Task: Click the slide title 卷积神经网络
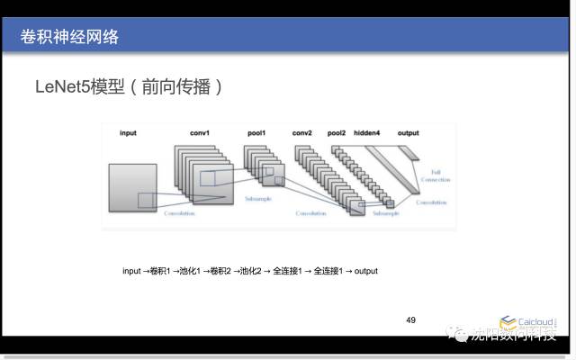point(69,37)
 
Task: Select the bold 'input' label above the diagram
point(128,133)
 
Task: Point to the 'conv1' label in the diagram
point(199,133)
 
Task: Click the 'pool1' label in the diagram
point(256,133)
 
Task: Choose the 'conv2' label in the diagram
point(301,133)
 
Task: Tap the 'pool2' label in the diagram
point(337,133)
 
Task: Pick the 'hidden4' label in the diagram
point(366,133)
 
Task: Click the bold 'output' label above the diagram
point(408,133)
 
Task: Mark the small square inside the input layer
point(146,201)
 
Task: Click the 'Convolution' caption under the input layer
point(178,214)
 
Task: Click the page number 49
point(410,319)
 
